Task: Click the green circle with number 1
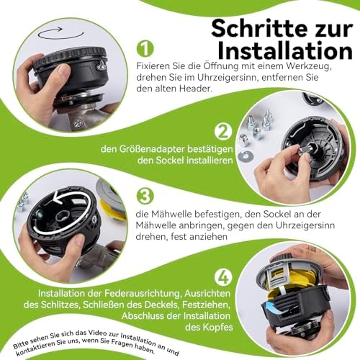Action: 145,48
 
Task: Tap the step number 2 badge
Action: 223,131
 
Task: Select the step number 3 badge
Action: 145,196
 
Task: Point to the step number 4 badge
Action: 224,277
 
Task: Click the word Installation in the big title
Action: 285,51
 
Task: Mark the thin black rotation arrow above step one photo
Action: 61,37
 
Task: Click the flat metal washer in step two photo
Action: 246,156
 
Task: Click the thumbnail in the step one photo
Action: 63,71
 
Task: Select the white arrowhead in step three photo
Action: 56,197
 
